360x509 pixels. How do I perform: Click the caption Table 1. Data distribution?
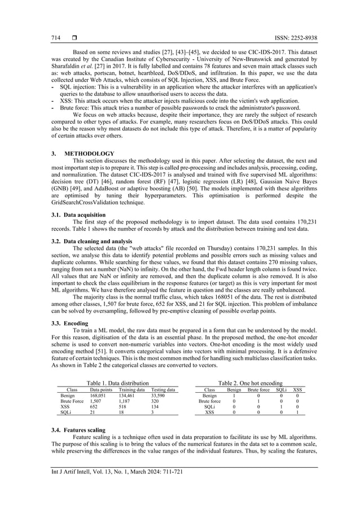pyautogui.click(x=117, y=383)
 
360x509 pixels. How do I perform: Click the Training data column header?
pyautogui.click(x=131, y=390)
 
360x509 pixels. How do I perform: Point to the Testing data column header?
pyautogui.click(x=163, y=390)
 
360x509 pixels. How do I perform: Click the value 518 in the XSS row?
pyautogui.click(x=124, y=407)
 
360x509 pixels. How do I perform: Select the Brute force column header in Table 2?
pyautogui.click(x=259, y=390)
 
